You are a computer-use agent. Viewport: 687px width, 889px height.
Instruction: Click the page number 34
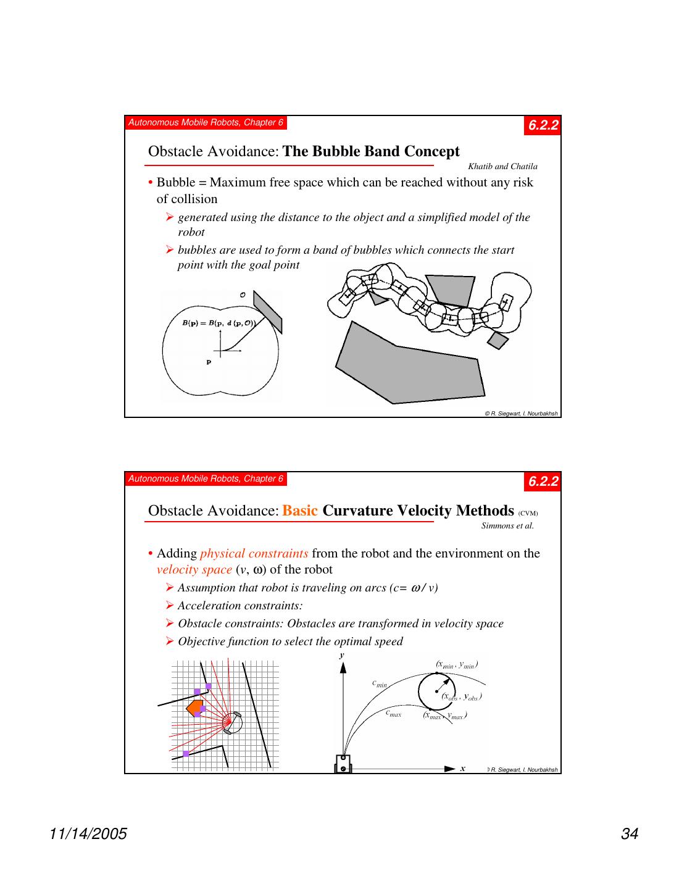(629, 834)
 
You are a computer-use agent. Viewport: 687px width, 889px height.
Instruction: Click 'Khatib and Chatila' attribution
(502, 166)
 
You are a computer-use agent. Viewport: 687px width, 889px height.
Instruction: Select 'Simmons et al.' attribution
(507, 526)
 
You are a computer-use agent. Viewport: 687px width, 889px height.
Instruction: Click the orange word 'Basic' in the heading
(300, 511)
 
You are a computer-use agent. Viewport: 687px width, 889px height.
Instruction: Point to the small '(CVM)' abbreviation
(528, 513)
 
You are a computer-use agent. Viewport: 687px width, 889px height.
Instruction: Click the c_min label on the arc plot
(380, 684)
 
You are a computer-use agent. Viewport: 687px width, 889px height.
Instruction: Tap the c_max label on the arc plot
(393, 714)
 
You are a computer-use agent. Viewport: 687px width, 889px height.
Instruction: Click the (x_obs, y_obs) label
(461, 696)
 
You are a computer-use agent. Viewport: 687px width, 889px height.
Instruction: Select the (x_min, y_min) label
(457, 665)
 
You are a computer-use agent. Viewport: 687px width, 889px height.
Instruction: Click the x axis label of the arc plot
(462, 769)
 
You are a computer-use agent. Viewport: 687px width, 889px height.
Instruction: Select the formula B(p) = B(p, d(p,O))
(219, 323)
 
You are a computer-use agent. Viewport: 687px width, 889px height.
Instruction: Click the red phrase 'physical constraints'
(254, 553)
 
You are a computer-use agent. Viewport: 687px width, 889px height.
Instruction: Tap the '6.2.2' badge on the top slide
(543, 125)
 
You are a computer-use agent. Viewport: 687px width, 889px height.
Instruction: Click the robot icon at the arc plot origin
(343, 764)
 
